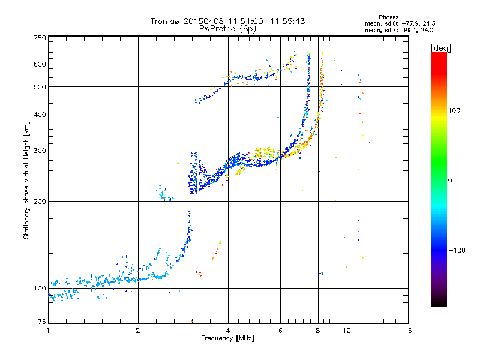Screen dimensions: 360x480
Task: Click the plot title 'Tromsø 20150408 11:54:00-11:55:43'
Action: pos(227,21)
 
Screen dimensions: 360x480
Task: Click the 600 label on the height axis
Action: pos(40,64)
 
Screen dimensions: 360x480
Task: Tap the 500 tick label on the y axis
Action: pos(40,87)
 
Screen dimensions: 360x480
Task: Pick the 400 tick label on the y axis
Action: pos(40,115)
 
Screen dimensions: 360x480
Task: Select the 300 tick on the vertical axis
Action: pos(40,151)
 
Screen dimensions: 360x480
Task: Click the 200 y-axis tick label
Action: pos(40,202)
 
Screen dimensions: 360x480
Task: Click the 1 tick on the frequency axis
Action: pos(48,331)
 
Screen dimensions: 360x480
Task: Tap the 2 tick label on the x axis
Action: pos(138,331)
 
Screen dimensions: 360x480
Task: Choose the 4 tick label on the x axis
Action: pos(228,331)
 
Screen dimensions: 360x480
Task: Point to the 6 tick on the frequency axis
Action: pos(281,331)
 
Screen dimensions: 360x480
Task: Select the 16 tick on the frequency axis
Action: pos(408,331)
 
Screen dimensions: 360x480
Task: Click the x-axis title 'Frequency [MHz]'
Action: pos(227,339)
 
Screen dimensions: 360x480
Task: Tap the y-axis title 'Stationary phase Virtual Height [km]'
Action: pos(26,180)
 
